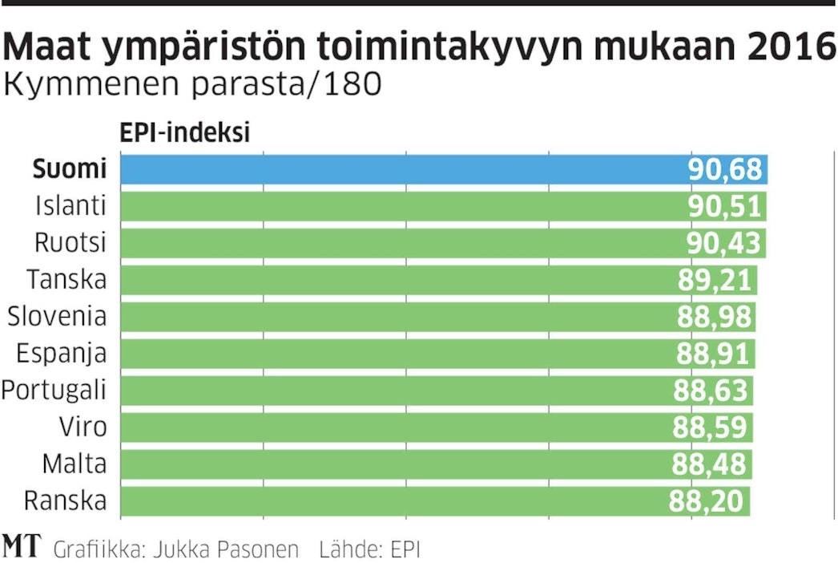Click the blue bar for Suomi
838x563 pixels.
tap(401, 170)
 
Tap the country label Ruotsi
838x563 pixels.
tap(71, 242)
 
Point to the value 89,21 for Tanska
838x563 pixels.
tap(715, 281)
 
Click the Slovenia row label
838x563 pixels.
tap(57, 316)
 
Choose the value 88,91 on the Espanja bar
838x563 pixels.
tap(713, 354)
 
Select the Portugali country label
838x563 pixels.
tap(54, 391)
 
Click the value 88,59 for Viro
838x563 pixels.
tap(710, 427)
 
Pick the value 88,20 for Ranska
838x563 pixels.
tap(707, 501)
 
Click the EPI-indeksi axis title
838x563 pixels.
tap(185, 132)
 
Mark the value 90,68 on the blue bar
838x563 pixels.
tap(725, 170)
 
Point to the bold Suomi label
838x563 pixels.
tap(70, 169)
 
